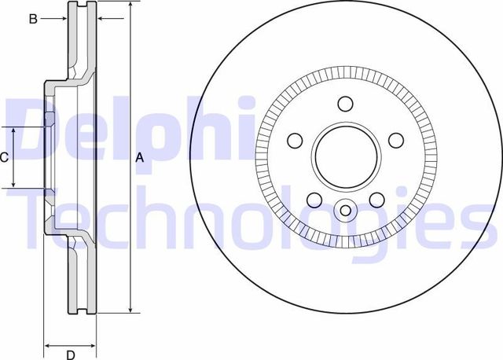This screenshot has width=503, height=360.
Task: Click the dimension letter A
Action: (x=140, y=158)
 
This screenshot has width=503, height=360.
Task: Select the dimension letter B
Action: (x=33, y=19)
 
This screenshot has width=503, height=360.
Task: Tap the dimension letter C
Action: (x=4, y=157)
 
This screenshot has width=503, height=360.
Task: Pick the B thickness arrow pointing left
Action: (x=101, y=19)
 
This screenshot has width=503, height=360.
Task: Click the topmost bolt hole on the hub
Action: (x=345, y=104)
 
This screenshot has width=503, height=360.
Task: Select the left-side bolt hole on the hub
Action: (x=295, y=141)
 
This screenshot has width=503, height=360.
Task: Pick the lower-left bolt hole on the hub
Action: (x=314, y=200)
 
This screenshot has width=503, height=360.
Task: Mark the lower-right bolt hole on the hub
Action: (x=376, y=200)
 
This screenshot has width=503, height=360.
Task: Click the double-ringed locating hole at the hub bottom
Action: (x=345, y=211)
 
